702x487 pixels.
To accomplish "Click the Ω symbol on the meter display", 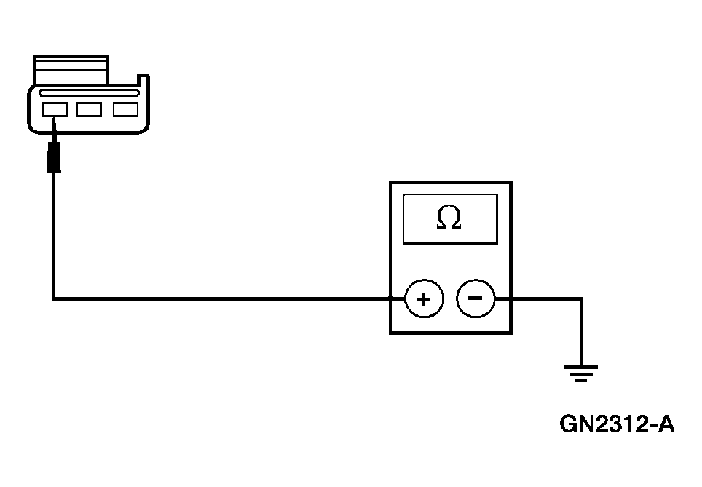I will coord(449,218).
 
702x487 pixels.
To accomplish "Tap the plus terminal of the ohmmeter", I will coord(424,298).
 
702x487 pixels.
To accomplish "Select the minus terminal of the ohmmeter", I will coord(475,298).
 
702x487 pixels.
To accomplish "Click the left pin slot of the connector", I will coord(55,110).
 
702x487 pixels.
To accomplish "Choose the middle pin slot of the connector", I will coord(90,110).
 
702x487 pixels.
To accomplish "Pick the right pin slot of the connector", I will coord(125,110).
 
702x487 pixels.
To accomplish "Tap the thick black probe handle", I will coord(54,158).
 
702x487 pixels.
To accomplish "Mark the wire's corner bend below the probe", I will coord(54,298).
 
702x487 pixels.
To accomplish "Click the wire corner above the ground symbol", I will coord(580,298).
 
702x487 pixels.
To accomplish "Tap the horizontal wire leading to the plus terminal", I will coord(218,298).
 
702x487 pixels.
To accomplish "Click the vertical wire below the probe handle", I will coord(54,233).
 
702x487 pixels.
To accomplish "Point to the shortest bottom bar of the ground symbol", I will coord(580,381).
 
